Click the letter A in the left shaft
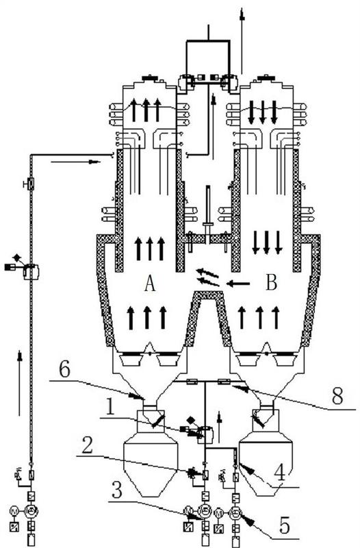coord(150,283)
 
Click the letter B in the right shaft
coord(271,282)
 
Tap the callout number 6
coord(64,371)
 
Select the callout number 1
coord(110,406)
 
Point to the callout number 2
coord(88,445)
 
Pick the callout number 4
coord(280,473)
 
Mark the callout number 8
coord(337,396)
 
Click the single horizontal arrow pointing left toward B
coord(238,284)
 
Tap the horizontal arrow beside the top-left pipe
coord(75,162)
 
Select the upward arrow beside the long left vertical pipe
coord(20,384)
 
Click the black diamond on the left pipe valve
coord(16,258)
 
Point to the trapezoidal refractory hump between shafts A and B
coord(209,318)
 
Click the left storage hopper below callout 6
coord(151,453)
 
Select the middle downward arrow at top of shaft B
coord(262,112)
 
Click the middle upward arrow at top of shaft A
coord(146,110)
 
